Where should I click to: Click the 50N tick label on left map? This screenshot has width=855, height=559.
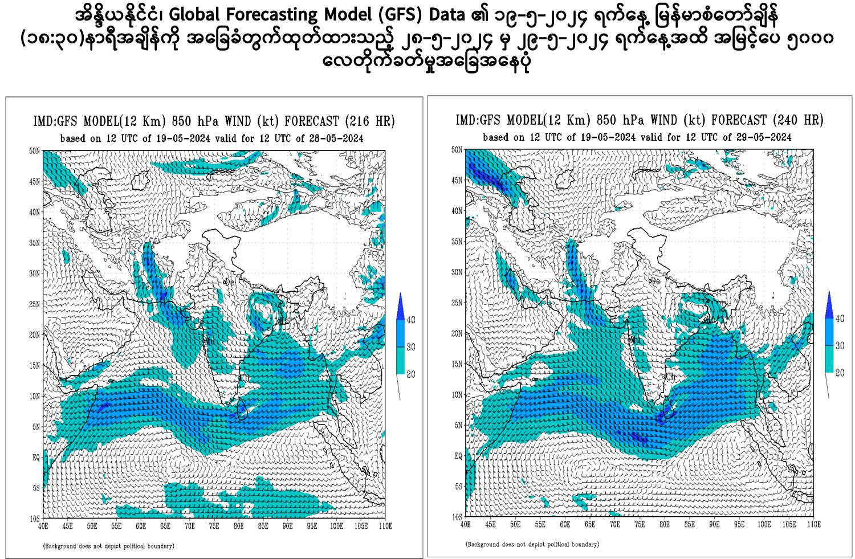point(34,151)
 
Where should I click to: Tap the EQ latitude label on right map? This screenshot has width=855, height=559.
point(458,456)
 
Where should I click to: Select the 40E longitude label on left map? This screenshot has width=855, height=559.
point(43,526)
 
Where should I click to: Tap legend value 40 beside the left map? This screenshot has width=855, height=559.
point(410,320)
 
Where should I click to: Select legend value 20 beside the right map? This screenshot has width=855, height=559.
point(840,373)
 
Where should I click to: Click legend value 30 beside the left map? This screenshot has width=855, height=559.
point(410,347)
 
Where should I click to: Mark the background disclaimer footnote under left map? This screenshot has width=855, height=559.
point(109,546)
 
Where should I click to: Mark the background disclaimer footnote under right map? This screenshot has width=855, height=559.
point(532,544)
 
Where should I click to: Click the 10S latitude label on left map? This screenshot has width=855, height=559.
point(34,518)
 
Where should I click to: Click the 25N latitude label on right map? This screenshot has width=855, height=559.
point(457,303)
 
